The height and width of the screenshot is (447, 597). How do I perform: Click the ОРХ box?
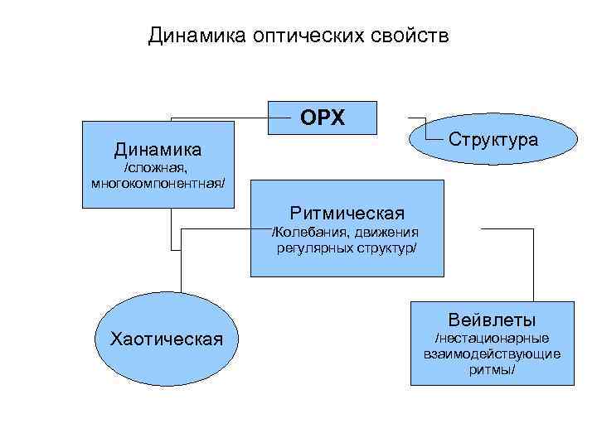(323, 118)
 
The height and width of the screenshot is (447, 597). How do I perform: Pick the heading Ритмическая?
(347, 214)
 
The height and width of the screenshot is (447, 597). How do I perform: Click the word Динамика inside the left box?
(158, 150)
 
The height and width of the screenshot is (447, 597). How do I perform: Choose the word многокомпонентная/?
(158, 181)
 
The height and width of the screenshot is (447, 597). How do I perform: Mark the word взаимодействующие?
(492, 354)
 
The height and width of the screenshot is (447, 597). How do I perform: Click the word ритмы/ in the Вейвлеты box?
(492, 370)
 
